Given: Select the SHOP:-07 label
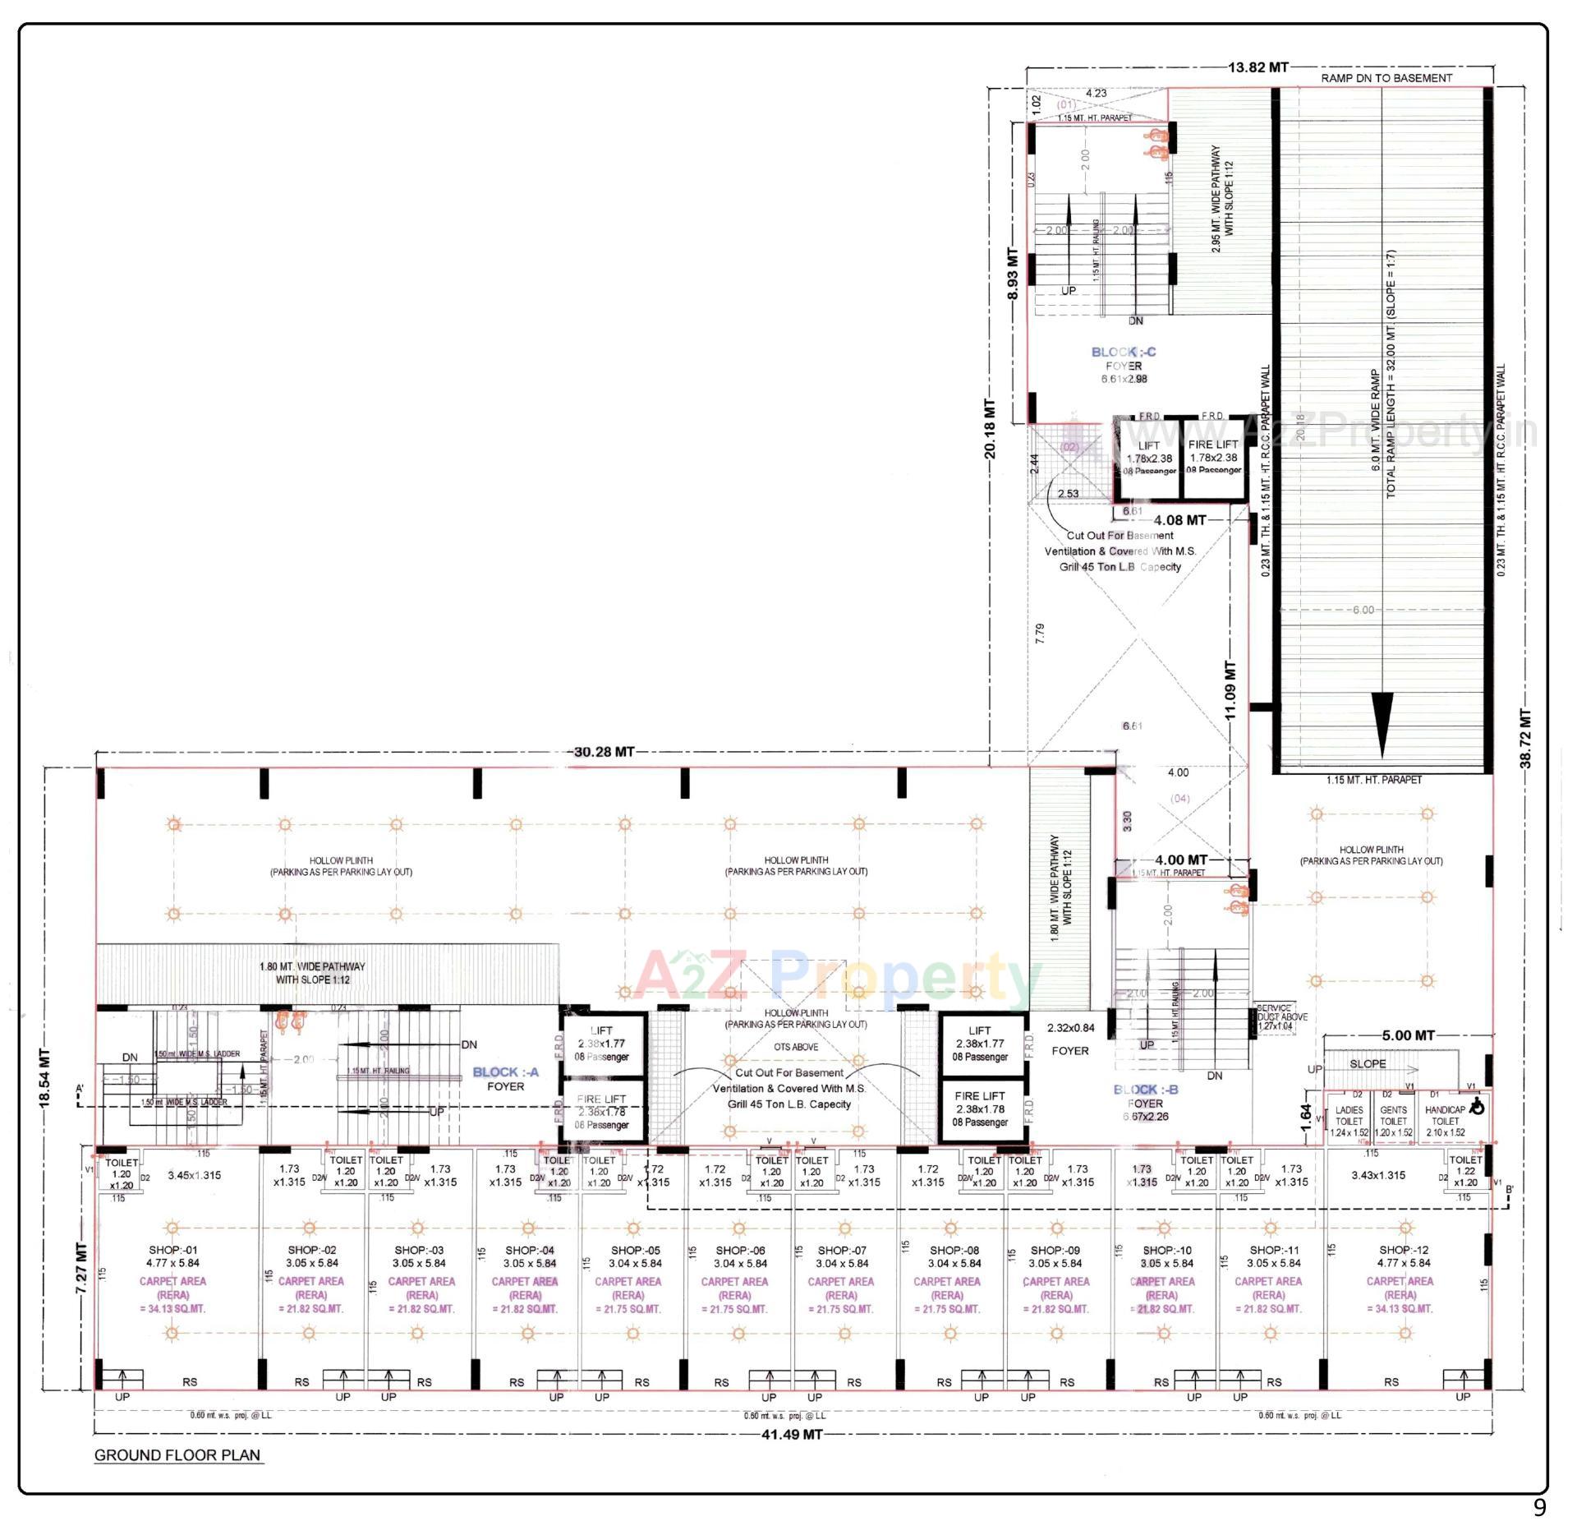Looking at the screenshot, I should point(842,1250).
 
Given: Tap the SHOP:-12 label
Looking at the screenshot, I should point(1404,1250).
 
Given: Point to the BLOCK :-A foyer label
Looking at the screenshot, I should point(505,1079).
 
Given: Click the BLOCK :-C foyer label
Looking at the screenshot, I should point(1123,359).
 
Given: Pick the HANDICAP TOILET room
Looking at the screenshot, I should point(1446,1120).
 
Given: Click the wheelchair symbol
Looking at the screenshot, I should point(1477,1108).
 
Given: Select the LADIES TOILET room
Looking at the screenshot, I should point(1349,1120).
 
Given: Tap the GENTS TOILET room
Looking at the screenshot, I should point(1393,1120).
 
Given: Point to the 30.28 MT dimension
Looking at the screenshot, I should point(604,752).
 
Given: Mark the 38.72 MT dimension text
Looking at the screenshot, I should point(1525,739).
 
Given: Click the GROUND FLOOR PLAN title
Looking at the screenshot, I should point(177,1454).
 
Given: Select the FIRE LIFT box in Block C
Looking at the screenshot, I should point(1213,457).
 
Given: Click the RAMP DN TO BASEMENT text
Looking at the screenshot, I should point(1386,78).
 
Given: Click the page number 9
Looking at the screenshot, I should point(1538,1507).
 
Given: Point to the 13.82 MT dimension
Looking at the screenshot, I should point(1257,67).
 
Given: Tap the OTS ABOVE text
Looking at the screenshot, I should point(796,1047).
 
